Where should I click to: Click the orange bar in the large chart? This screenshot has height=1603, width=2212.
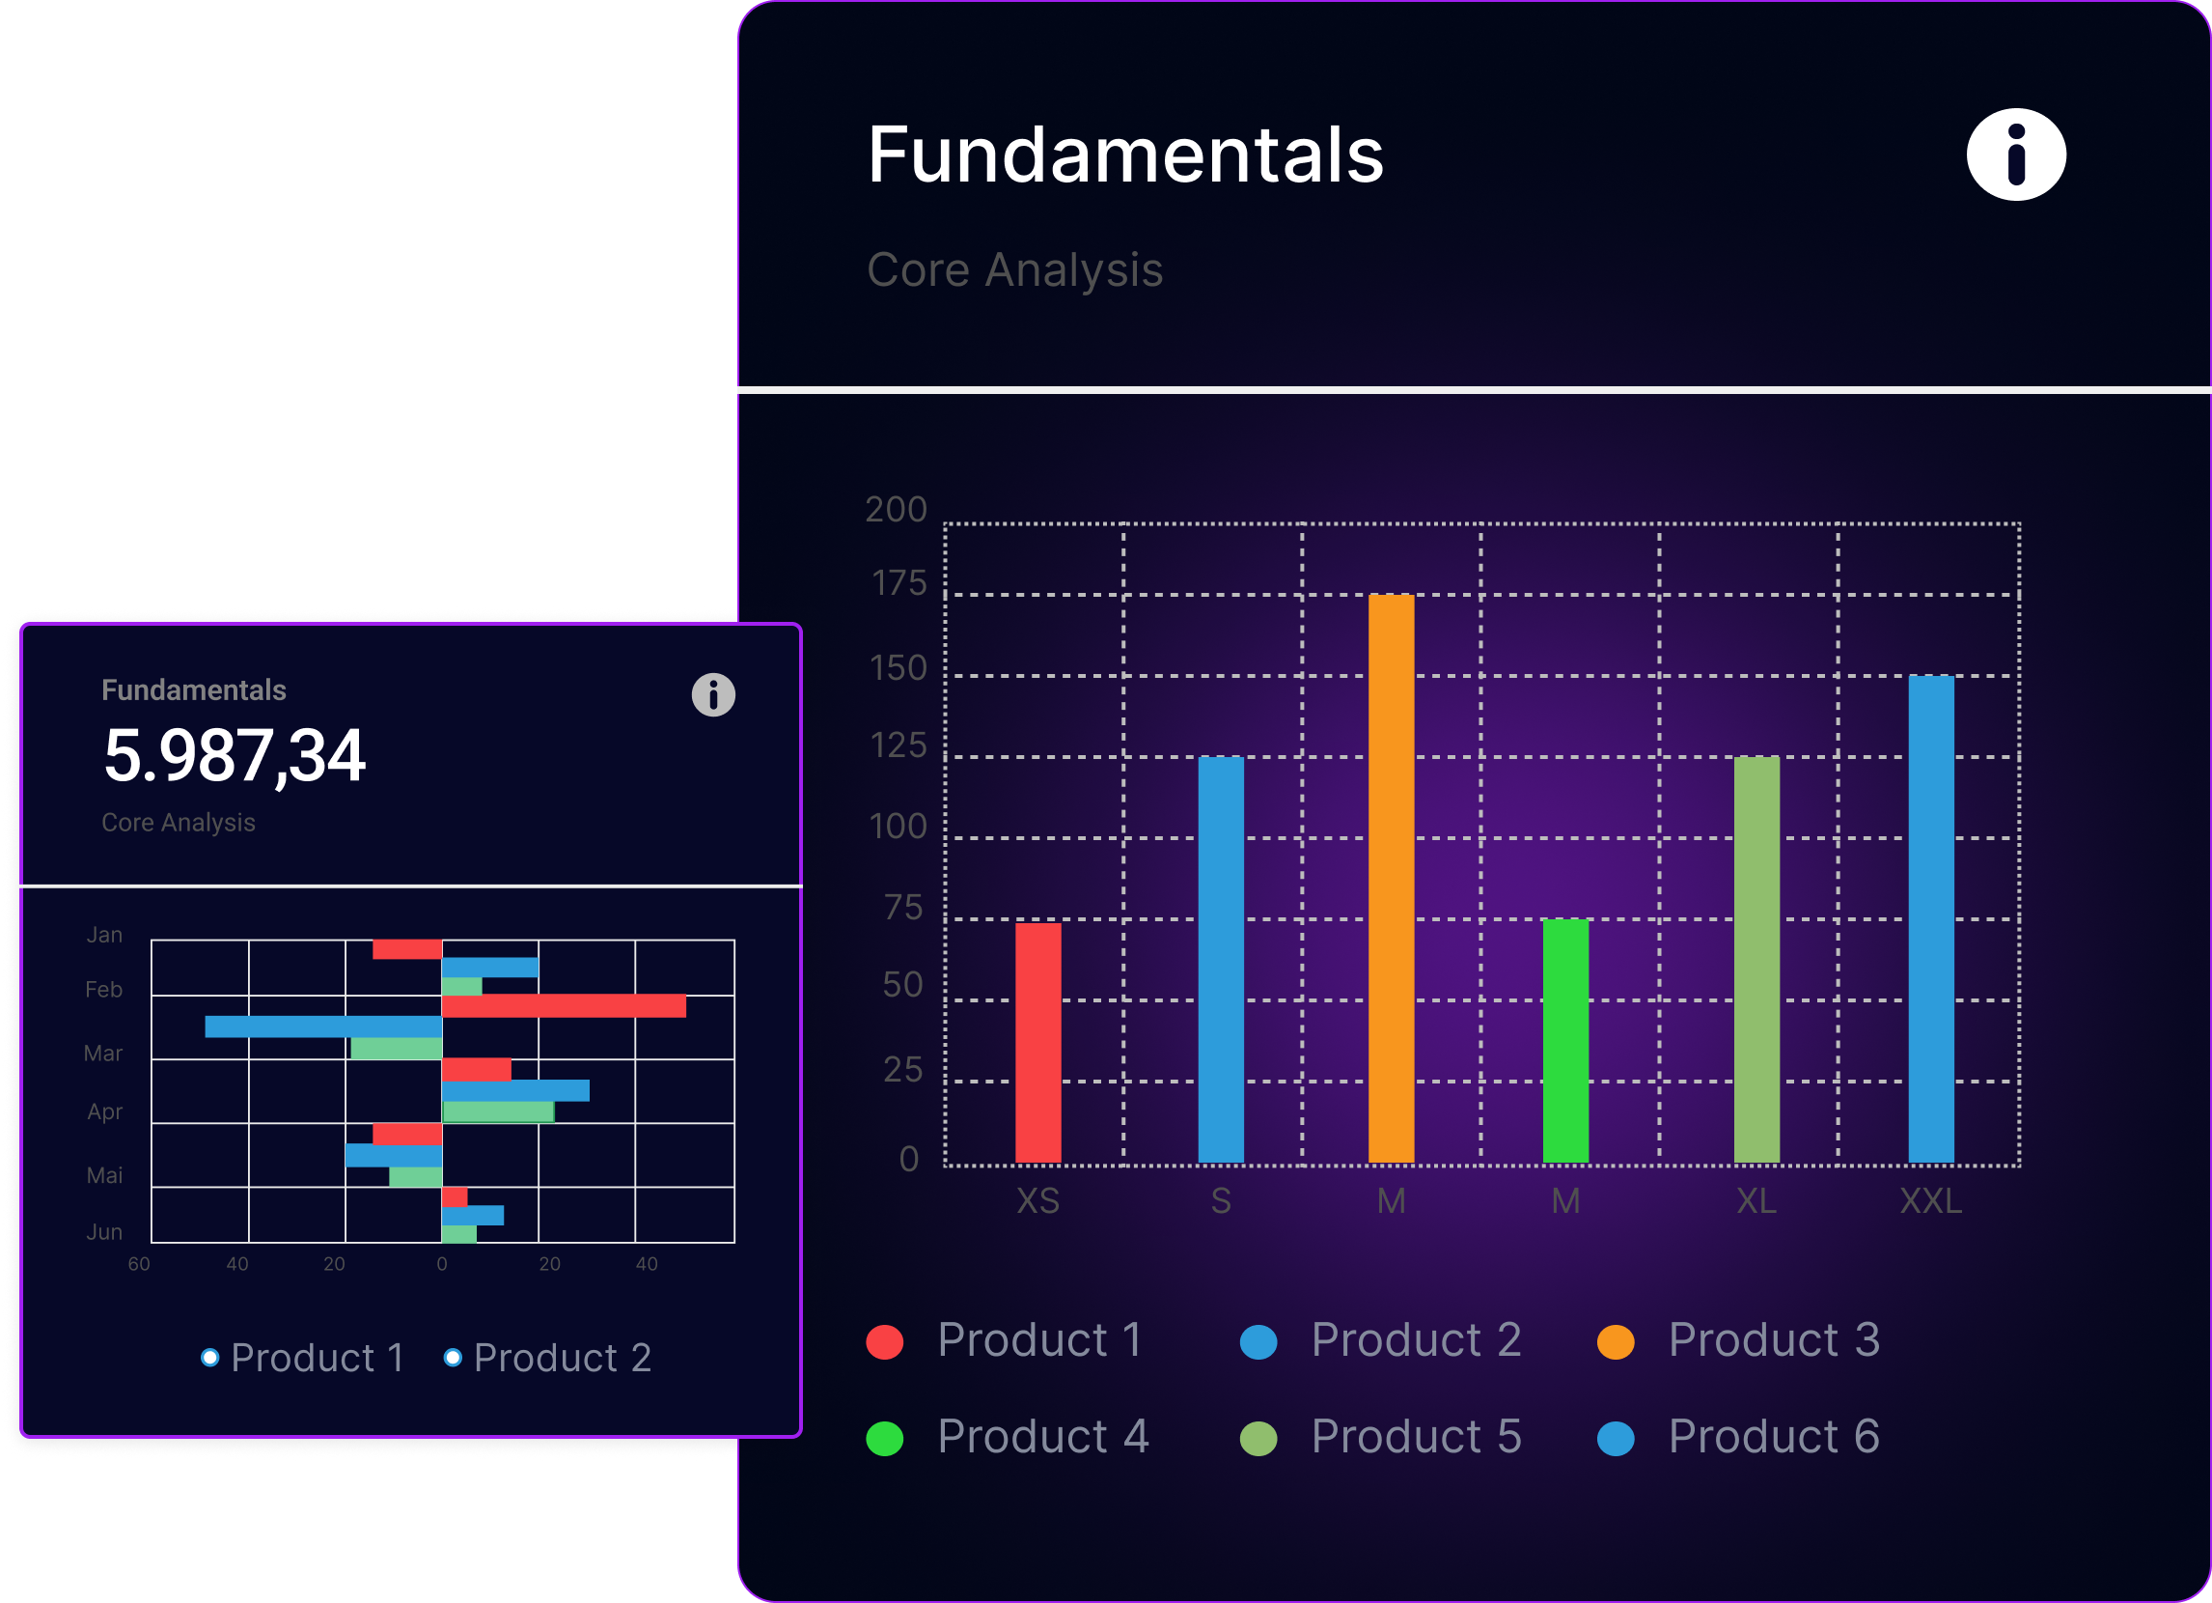click(x=1391, y=878)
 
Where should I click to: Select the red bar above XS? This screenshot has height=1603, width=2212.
click(x=1037, y=1042)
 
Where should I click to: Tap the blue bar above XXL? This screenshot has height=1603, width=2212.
click(x=1931, y=919)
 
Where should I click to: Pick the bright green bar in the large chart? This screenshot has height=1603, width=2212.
click(x=1565, y=1041)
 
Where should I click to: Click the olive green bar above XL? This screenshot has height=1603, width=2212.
click(x=1756, y=959)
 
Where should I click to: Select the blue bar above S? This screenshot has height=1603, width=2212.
click(x=1221, y=959)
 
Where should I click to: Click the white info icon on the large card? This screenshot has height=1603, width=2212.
click(x=2016, y=155)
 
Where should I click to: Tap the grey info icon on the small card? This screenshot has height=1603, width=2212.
click(x=713, y=694)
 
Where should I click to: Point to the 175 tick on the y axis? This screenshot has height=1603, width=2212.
click(x=899, y=583)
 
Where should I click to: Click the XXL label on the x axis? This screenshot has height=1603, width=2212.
click(x=1931, y=1201)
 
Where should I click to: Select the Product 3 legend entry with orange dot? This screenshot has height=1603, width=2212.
click(x=1739, y=1340)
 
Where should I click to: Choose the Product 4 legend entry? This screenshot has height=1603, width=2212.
click(x=1008, y=1437)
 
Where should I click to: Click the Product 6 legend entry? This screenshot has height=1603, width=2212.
click(x=1739, y=1437)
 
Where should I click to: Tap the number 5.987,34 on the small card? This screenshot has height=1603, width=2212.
click(x=235, y=756)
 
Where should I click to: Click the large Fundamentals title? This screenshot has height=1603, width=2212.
click(x=1125, y=155)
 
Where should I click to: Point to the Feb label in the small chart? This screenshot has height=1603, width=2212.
click(x=103, y=989)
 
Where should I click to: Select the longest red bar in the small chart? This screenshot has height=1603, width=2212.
click(x=564, y=1006)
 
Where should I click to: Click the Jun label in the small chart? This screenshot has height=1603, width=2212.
click(x=104, y=1231)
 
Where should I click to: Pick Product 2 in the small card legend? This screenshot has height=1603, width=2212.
click(x=547, y=1358)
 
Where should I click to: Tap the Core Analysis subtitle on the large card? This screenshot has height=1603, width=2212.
click(x=1015, y=270)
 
